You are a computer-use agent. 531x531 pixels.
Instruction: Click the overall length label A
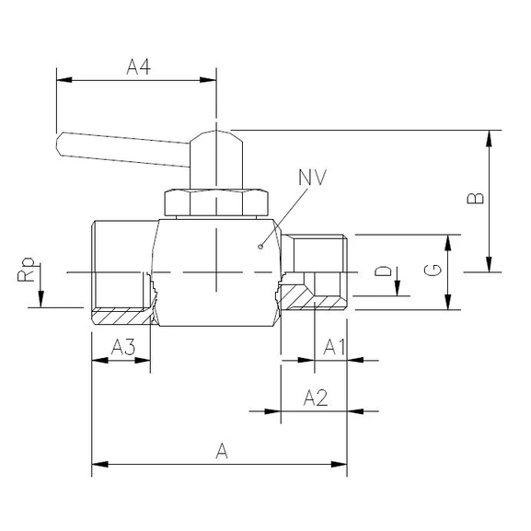point(221,450)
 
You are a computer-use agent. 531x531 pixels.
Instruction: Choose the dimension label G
point(433,271)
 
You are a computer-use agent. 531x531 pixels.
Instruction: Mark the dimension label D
point(387,272)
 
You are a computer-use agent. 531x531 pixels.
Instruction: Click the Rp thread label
point(29,271)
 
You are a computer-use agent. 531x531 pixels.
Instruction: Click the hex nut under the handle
point(215,203)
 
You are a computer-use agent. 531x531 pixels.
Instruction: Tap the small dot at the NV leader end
point(261,246)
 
